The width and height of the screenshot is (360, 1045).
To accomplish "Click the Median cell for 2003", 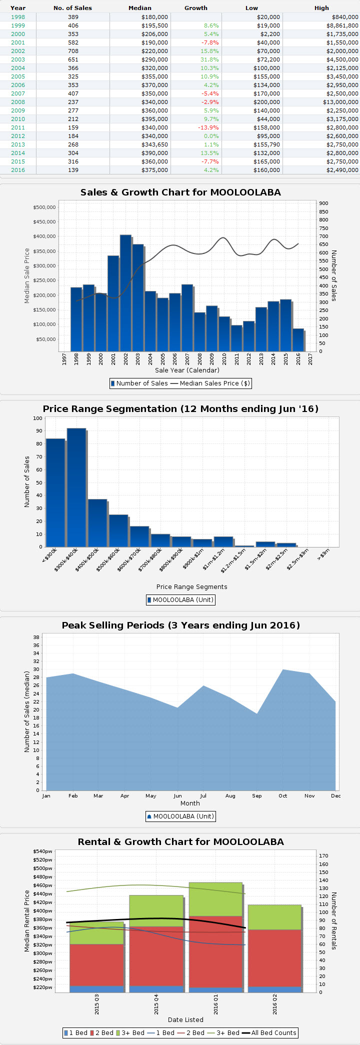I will (154, 59).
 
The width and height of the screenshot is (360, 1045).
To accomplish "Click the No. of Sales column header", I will (72, 8).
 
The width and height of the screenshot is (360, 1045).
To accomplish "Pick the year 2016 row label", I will (18, 170).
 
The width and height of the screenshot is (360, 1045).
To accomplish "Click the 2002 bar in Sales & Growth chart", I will (125, 292).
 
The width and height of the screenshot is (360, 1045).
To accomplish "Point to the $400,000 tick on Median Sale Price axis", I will (44, 236).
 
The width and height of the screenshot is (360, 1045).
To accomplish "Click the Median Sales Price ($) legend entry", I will (209, 383).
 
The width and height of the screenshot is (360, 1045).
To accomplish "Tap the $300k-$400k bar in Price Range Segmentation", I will (76, 487).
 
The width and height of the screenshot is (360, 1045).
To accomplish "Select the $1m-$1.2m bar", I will (223, 541).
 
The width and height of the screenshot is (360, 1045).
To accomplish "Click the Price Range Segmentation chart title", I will (180, 409).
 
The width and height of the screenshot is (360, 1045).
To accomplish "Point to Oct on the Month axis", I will (283, 795).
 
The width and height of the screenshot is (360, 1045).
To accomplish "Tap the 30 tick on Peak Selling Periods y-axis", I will (36, 669).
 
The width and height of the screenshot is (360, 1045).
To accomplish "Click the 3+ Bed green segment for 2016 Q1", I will (215, 899).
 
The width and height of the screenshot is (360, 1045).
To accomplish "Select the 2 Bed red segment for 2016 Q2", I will (274, 958).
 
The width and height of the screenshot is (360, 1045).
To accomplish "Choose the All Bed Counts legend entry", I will (269, 1033).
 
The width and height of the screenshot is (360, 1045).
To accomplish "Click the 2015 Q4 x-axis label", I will (156, 1004).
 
